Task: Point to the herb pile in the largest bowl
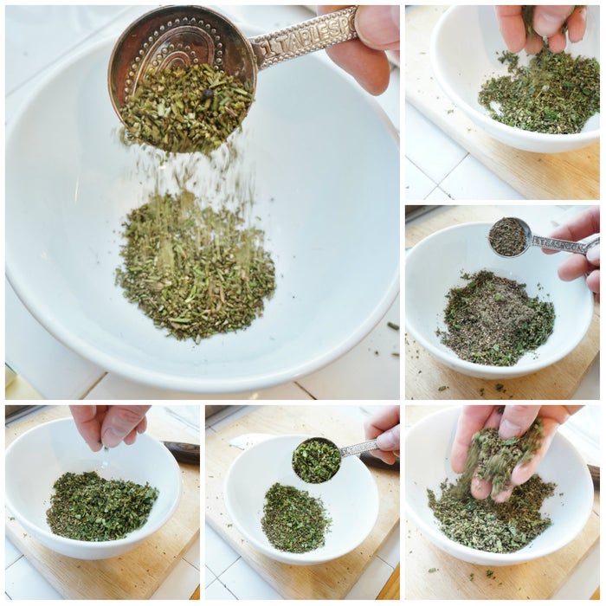195,264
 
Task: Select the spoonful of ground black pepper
508,236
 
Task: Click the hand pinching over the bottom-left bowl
108,425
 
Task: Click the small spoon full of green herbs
317,461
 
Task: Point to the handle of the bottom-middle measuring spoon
358,448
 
